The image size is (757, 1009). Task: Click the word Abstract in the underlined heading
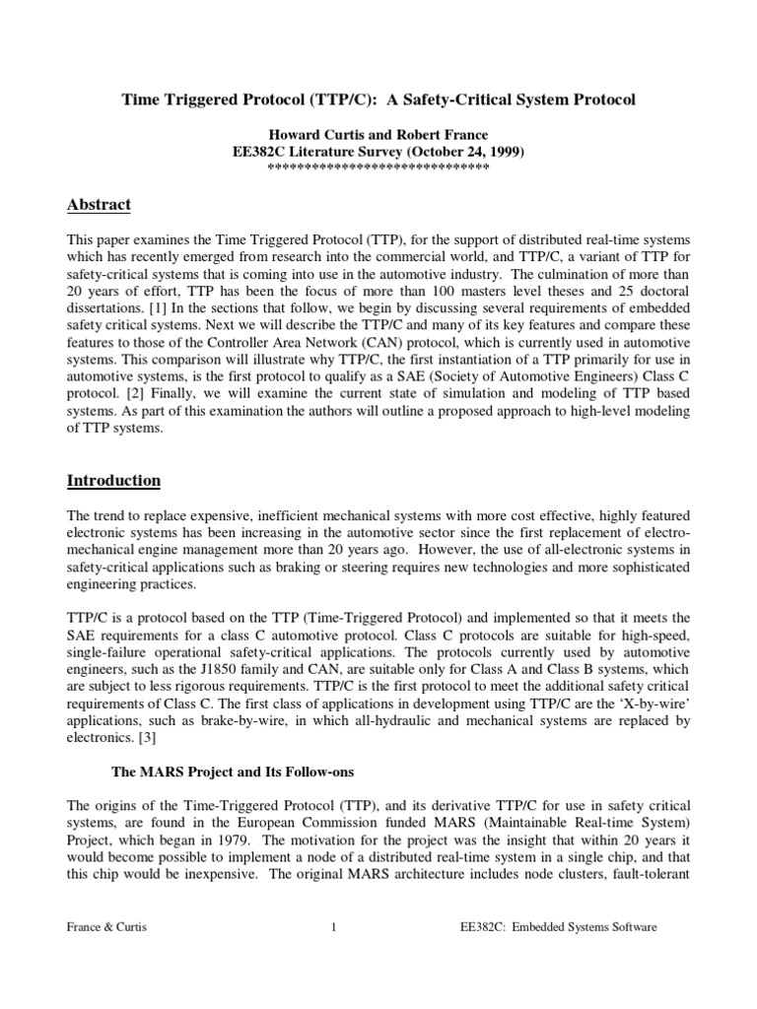point(99,205)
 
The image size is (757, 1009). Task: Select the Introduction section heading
point(113,481)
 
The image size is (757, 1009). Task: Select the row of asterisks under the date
point(378,168)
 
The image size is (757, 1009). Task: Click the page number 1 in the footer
point(334,927)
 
